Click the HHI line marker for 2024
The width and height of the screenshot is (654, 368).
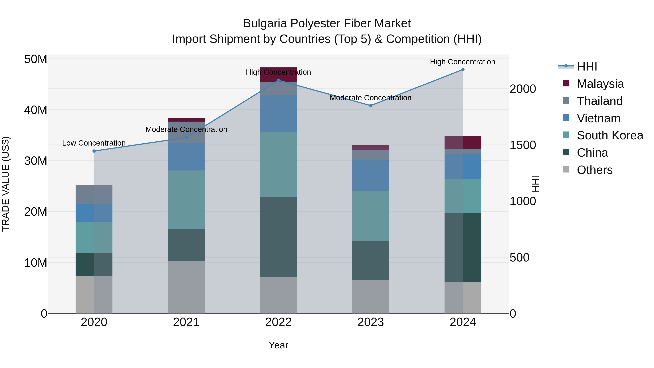click(463, 70)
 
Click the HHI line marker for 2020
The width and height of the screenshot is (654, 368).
click(94, 151)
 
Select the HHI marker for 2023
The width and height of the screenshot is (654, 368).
click(370, 106)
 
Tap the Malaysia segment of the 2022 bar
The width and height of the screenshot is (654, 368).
click(278, 74)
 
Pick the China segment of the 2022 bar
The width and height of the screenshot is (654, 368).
click(278, 237)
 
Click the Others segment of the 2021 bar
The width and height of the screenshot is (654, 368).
click(186, 287)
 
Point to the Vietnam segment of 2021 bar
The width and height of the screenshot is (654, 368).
click(186, 157)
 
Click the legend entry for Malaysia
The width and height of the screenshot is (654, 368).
click(600, 84)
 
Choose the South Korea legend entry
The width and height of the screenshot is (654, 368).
click(609, 135)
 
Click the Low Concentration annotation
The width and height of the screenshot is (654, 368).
click(94, 143)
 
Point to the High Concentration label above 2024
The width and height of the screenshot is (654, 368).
click(462, 62)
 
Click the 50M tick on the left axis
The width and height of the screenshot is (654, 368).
click(36, 59)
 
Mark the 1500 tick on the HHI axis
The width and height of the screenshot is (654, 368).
click(523, 145)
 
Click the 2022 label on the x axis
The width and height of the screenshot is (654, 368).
click(278, 322)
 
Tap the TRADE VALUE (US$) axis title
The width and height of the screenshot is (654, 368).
click(6, 184)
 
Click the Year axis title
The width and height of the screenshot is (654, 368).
click(278, 345)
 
